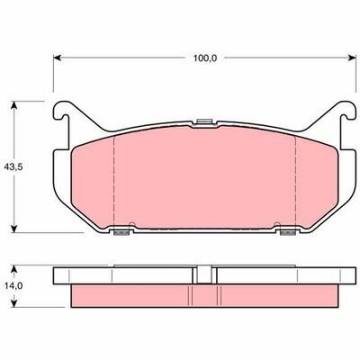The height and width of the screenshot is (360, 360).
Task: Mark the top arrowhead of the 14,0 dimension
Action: (x=13, y=268)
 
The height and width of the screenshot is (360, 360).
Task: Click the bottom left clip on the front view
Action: (x=117, y=233)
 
